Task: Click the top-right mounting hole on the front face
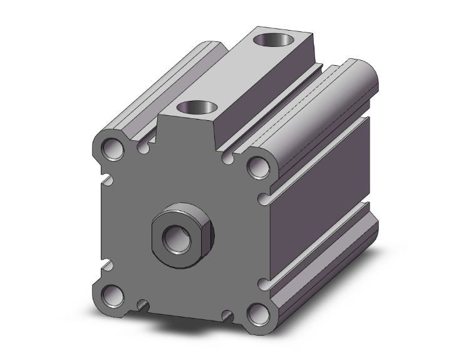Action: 257,166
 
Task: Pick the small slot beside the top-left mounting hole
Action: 145,148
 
